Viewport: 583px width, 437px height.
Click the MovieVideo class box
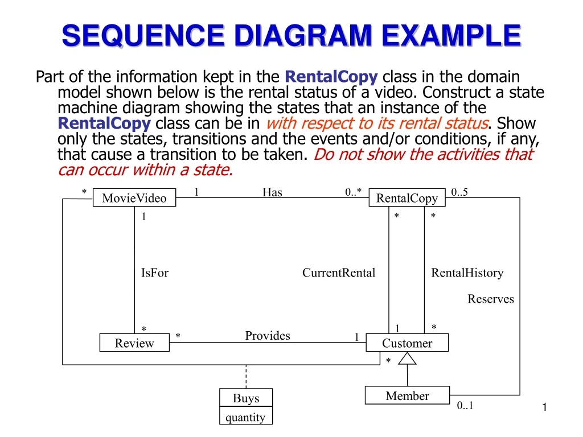134,198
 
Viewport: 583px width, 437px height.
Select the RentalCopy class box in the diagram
407,198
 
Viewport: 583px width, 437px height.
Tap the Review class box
134,343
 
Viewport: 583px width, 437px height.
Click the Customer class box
407,343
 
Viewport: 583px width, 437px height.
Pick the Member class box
407,396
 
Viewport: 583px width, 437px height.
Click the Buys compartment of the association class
246,398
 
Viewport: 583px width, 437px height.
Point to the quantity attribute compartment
246,417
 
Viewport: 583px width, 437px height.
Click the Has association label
272,192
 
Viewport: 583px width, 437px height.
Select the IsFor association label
155,273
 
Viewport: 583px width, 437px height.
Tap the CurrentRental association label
339,273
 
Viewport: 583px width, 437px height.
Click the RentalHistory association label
467,273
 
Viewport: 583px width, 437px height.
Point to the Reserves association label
490,299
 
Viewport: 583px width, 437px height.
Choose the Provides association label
268,336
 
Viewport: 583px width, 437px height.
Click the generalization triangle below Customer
407,358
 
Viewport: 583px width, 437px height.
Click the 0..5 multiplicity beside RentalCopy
459,192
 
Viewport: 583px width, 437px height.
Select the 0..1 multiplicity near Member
465,406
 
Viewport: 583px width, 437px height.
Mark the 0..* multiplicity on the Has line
353,192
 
